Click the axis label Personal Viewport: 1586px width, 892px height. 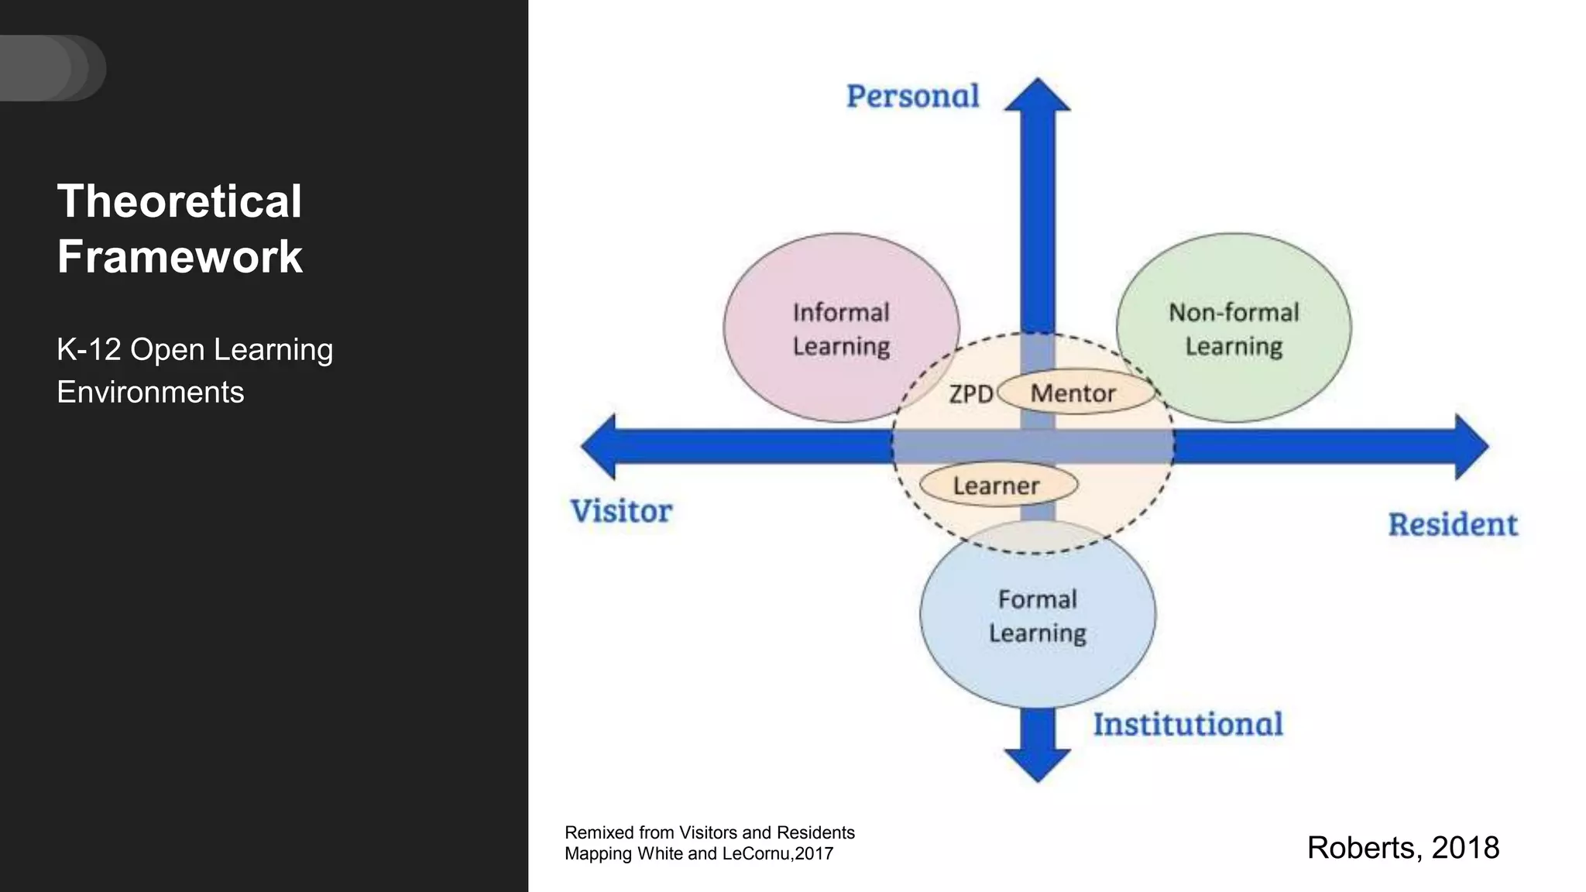point(912,97)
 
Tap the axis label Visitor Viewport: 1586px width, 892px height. point(621,512)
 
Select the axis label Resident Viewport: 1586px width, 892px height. point(1452,525)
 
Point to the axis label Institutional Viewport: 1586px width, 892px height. point(1187,725)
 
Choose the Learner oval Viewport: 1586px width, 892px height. point(997,485)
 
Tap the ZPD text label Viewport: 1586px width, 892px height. point(970,394)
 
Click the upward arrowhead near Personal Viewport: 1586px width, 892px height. point(1038,95)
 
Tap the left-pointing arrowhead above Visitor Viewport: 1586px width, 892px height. point(599,446)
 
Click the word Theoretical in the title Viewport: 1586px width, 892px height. point(179,202)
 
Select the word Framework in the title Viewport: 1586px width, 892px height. point(180,257)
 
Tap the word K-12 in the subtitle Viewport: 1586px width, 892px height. point(88,350)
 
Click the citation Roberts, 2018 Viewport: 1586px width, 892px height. point(1402,848)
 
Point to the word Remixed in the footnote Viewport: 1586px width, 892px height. point(599,832)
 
